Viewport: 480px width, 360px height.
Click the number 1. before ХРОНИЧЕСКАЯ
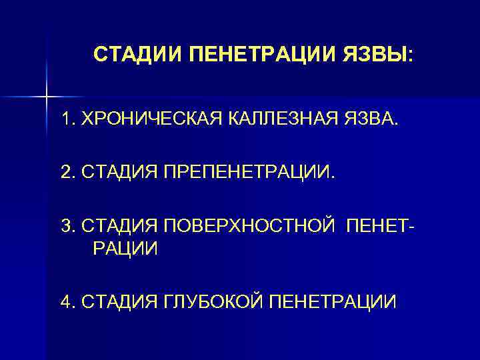tap(67, 119)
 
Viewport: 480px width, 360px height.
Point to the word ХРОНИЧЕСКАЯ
tap(147, 119)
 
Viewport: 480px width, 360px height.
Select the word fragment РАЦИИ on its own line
tap(121, 249)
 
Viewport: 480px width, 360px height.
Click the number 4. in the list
tap(67, 301)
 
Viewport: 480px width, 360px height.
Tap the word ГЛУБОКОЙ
tap(214, 301)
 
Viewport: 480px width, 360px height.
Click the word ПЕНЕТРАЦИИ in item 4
tap(332, 301)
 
